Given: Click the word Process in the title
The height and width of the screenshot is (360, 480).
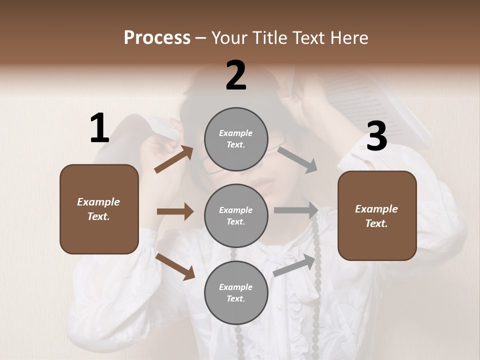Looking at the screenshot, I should click(x=157, y=38).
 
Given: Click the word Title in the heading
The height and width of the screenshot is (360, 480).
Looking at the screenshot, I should click(x=268, y=38).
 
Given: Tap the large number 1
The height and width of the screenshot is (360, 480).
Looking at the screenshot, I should click(x=99, y=128).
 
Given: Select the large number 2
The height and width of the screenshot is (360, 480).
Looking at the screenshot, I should click(x=236, y=76).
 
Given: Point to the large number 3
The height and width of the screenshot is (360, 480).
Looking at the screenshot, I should click(x=376, y=136).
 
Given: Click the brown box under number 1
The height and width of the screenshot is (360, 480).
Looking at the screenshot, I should click(x=99, y=209).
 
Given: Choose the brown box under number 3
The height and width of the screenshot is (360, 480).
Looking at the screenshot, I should click(x=377, y=215).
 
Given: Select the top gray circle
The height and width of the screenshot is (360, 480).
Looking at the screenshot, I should click(x=235, y=139).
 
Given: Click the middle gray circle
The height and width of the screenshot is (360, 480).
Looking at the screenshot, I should click(x=235, y=215).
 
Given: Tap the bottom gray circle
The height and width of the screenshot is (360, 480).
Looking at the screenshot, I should click(x=235, y=292).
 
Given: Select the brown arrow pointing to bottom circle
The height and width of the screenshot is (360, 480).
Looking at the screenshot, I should click(x=175, y=266).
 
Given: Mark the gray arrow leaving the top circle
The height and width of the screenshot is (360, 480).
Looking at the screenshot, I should click(x=297, y=159).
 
